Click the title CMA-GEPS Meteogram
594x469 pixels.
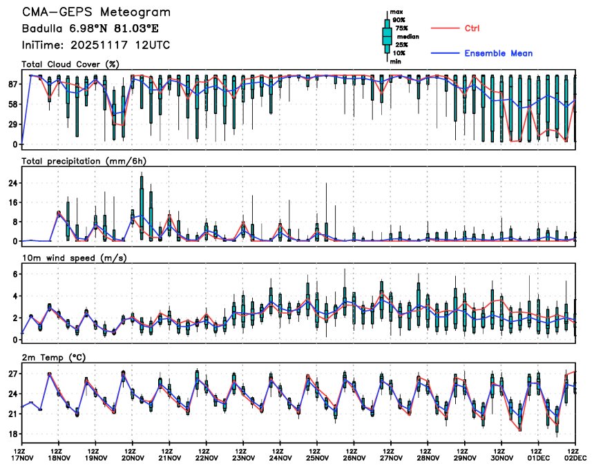pos(96,12)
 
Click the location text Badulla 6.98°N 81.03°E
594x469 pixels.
pos(90,29)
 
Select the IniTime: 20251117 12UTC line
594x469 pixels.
pos(96,46)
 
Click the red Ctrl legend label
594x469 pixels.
pos(472,28)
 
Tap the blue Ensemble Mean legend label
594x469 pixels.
pos(498,53)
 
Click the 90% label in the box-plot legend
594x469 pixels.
pos(399,20)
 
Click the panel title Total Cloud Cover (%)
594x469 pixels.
pos(70,64)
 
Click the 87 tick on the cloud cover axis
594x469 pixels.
pos(12,84)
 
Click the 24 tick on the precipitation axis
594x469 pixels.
pos(12,183)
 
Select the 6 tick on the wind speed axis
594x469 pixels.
pos(15,274)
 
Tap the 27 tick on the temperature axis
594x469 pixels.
pos(12,374)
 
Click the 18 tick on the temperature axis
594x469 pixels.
pos(12,434)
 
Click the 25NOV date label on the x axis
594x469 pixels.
pos(317,457)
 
